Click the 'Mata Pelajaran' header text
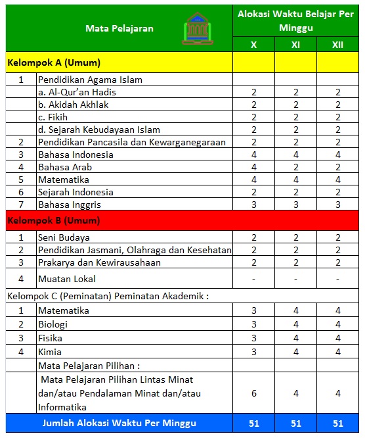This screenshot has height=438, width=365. [x=119, y=28]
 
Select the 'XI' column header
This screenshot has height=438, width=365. [x=295, y=45]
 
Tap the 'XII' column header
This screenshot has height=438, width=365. [x=337, y=45]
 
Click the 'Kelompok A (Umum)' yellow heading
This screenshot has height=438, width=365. [x=54, y=63]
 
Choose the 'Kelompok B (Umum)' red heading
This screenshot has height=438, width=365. [x=54, y=220]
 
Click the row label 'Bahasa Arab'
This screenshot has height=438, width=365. [x=65, y=167]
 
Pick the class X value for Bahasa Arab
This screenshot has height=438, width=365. [x=254, y=167]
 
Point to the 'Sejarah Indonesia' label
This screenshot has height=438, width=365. [x=75, y=192]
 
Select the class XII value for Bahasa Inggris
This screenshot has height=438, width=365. [x=337, y=205]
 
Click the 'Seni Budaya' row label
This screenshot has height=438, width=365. [x=64, y=237]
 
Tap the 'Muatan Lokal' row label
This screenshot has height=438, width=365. [x=67, y=278]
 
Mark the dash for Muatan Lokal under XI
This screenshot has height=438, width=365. [x=295, y=279]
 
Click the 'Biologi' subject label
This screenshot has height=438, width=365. [x=53, y=324]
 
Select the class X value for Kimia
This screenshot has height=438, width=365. [x=254, y=352]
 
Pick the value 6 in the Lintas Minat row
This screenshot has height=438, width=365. [x=254, y=393]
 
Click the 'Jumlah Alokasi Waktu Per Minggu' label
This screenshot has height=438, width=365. [x=119, y=423]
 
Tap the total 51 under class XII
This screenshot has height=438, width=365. [x=337, y=423]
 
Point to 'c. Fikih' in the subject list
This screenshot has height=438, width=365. [x=53, y=117]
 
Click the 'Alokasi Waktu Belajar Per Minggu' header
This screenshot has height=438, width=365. [x=295, y=20]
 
